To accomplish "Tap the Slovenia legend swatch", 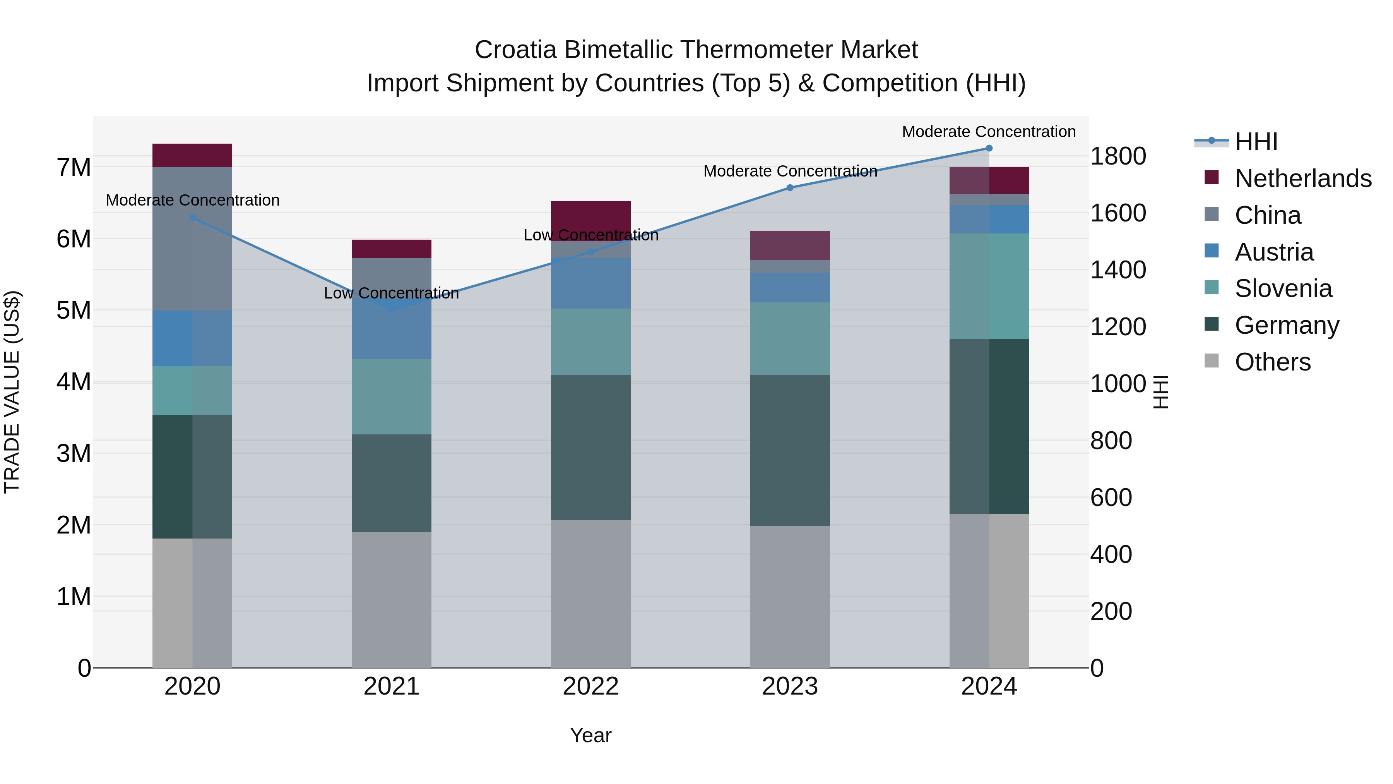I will [x=1212, y=288].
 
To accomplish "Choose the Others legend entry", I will [x=1272, y=362].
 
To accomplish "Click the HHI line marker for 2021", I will [x=392, y=309].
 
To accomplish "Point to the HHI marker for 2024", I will [x=989, y=148].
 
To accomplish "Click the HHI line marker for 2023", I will [x=790, y=188].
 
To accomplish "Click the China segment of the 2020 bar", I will [x=193, y=238].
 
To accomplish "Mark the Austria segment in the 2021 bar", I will [x=392, y=330].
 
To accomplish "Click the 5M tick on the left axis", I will [x=74, y=311].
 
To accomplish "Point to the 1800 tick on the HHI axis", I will [x=1117, y=156].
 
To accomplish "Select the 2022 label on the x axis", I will [x=590, y=686].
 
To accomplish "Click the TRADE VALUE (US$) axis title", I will [x=12, y=392].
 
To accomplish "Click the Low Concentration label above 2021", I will [x=392, y=293].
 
